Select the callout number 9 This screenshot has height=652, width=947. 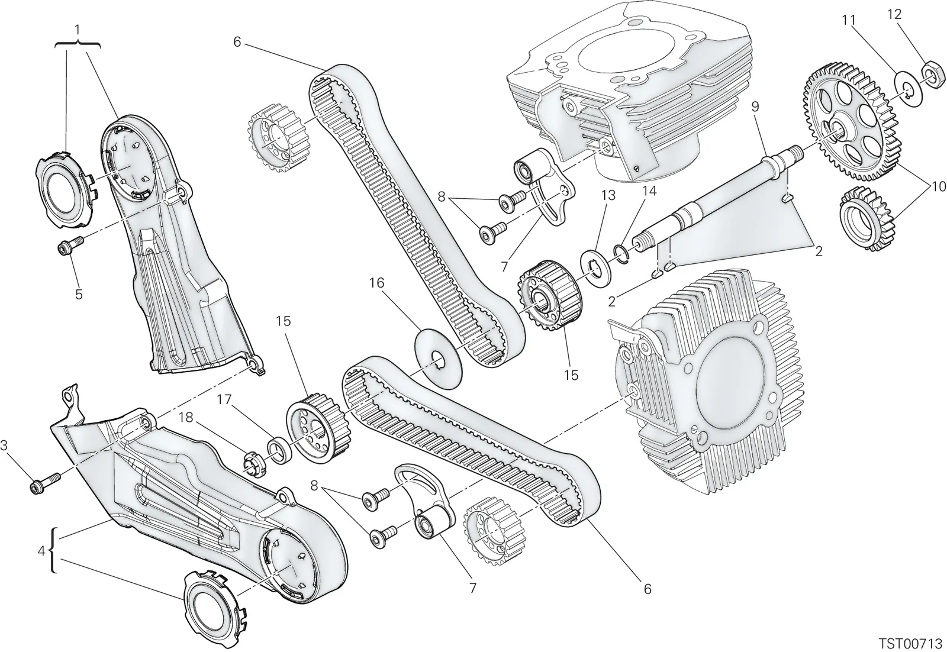[755, 106]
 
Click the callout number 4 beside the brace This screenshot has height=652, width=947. [41, 551]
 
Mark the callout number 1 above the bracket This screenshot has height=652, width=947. [78, 30]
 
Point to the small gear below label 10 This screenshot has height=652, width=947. [866, 218]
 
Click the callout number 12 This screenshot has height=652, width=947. [894, 14]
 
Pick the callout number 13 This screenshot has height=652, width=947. [609, 196]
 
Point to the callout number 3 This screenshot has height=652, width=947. [4, 444]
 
